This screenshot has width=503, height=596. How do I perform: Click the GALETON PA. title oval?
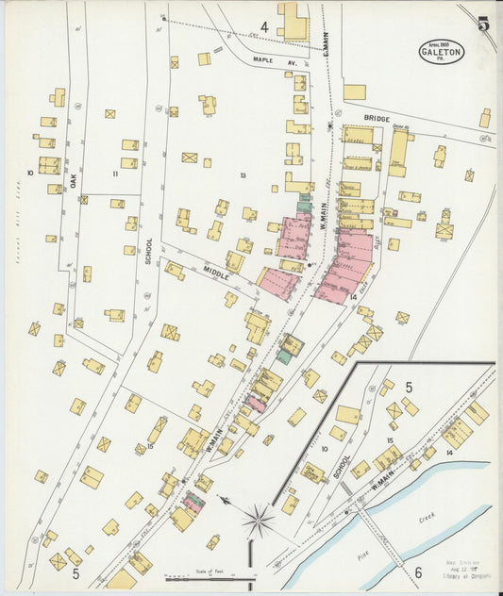coord(442,52)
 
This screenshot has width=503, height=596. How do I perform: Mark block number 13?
coord(243,175)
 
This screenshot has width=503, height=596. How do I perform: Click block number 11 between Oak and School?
coord(115,174)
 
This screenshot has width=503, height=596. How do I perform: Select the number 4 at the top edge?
coord(264,27)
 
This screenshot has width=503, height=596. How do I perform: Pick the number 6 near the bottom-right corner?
coord(417,571)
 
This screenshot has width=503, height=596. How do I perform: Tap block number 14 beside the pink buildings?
coord(352,297)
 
